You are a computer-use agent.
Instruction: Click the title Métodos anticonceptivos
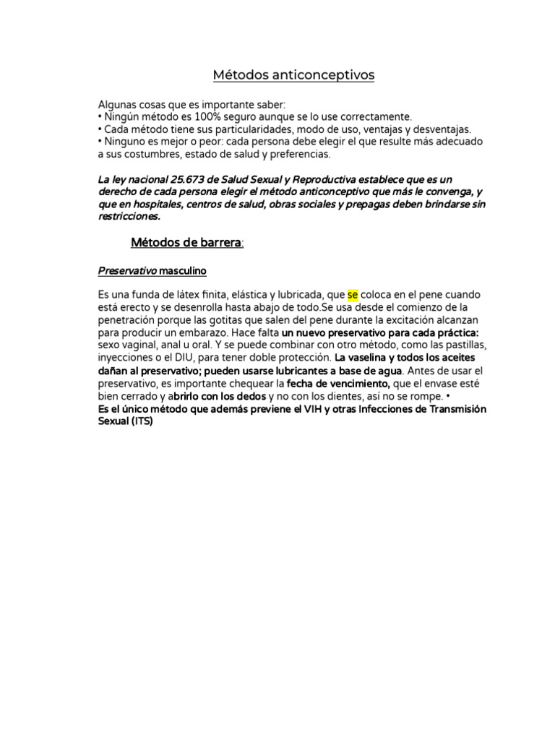[x=293, y=75]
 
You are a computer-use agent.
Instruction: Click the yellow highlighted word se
[x=353, y=296]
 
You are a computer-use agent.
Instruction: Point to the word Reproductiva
[x=302, y=178]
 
